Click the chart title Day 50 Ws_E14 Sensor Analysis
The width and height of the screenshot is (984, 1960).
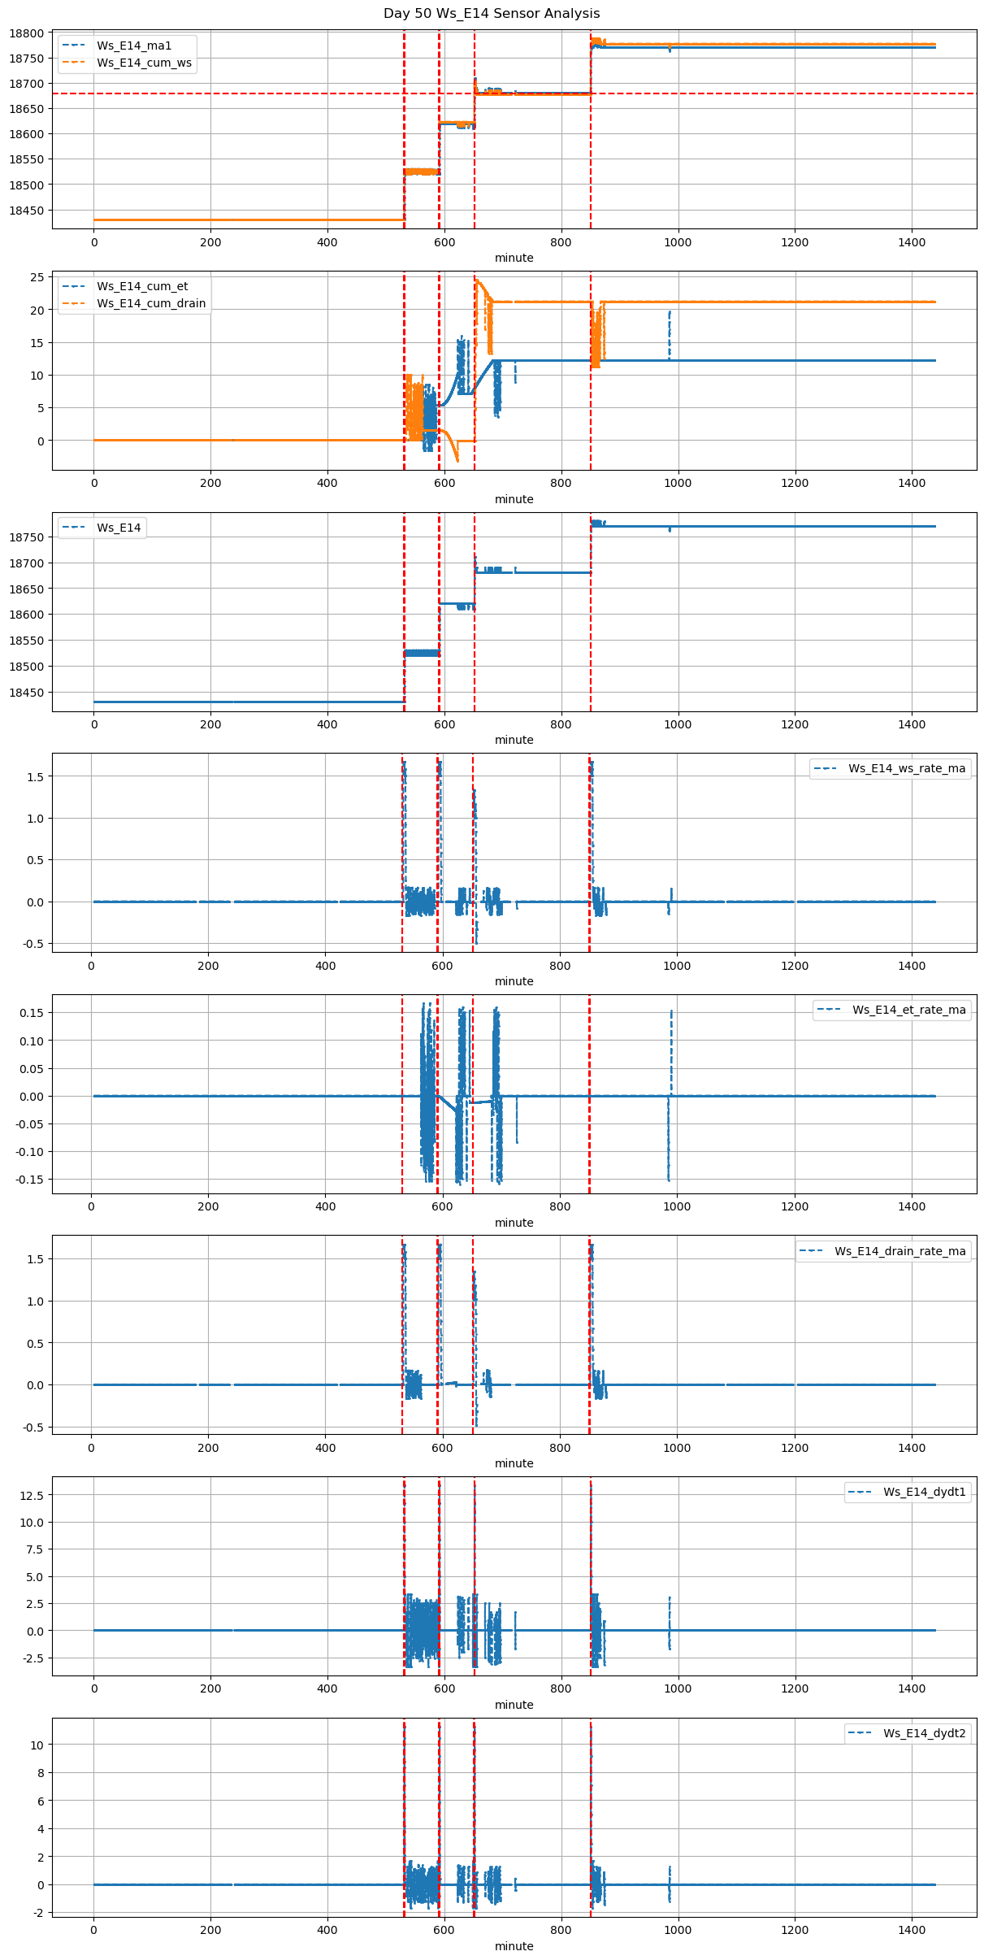pos(492,13)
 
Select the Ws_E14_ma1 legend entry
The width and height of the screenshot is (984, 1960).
pos(134,46)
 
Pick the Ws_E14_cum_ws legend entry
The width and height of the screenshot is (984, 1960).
pos(144,63)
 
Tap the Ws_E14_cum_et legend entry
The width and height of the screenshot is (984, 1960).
pos(142,286)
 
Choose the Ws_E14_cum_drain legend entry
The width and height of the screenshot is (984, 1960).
pos(151,303)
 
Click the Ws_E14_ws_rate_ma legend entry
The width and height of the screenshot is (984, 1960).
pos(907,768)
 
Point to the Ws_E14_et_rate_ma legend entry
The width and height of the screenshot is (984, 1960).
pos(909,1010)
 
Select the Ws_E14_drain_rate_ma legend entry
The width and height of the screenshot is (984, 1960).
pos(900,1251)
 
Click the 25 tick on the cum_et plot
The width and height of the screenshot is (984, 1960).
pos(37,277)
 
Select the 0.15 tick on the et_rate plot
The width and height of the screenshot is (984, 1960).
pos(32,1013)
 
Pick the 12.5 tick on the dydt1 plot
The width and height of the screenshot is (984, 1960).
pos(32,1494)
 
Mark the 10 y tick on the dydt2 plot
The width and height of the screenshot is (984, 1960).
pos(37,1745)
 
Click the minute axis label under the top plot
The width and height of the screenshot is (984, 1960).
pos(514,258)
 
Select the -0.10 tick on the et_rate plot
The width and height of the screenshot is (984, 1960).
pos(29,1152)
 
